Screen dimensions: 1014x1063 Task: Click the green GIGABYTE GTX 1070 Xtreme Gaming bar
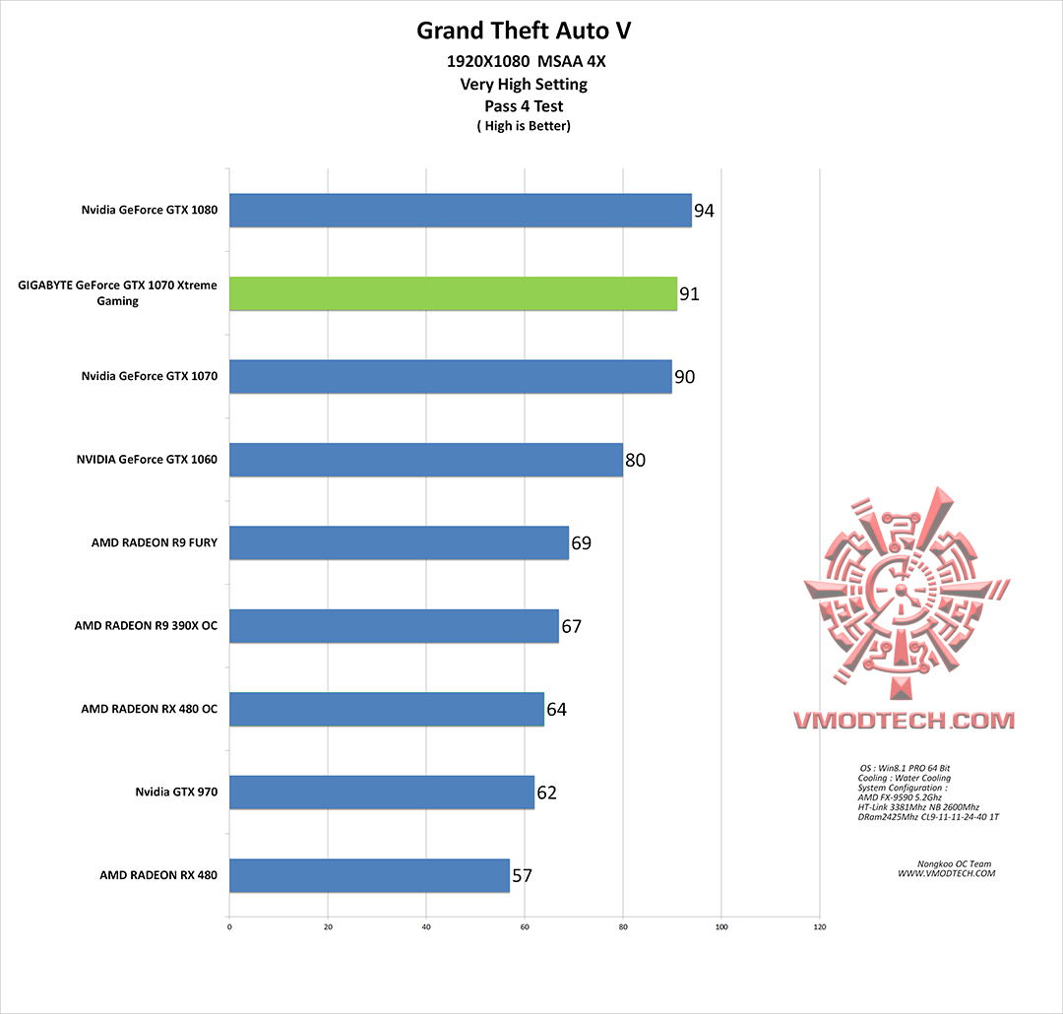(453, 293)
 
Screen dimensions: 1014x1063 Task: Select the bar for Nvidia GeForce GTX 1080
(460, 211)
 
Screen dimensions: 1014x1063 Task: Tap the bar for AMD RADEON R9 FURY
(399, 542)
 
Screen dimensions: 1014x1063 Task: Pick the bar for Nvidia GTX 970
(381, 792)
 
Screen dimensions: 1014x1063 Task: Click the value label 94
(704, 211)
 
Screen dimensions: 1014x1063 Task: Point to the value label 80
(635, 460)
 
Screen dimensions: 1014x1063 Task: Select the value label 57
(522, 874)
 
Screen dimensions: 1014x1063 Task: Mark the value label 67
(571, 626)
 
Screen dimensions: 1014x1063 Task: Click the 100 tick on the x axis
(721, 926)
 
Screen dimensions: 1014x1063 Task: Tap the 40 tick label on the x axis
(426, 926)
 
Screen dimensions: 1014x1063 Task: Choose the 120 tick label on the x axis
(820, 926)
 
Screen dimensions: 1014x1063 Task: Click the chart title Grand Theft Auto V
(524, 31)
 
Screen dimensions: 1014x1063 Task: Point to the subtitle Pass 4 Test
(524, 105)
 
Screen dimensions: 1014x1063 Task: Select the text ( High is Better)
(524, 125)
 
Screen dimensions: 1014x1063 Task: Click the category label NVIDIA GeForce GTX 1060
(147, 460)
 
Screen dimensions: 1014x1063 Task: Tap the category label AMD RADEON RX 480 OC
(150, 709)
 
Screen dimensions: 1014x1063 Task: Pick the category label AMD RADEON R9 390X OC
(146, 626)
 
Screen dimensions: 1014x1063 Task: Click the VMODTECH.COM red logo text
(904, 721)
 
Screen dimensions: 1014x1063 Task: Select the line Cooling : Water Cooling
(904, 778)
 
